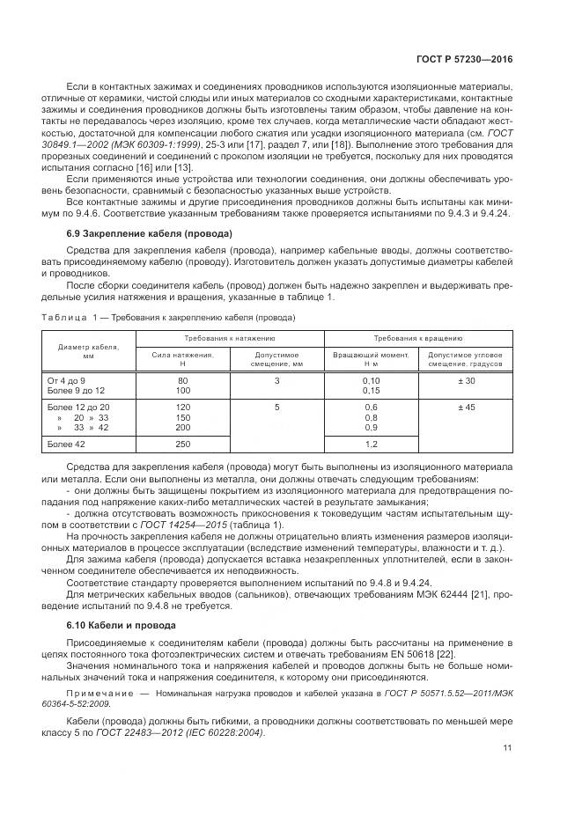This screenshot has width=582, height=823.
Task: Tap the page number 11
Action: click(507, 748)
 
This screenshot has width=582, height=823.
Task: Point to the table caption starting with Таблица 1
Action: click(168, 317)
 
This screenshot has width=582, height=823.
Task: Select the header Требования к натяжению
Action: click(230, 338)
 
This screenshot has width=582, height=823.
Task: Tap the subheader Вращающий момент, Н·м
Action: click(370, 358)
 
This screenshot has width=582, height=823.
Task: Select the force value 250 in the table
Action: click(182, 445)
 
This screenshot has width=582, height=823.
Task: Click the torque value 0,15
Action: click(370, 390)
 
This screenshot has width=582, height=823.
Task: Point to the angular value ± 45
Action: click(464, 407)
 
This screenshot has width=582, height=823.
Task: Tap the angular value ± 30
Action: click(464, 379)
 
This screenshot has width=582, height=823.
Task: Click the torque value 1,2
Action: click(370, 445)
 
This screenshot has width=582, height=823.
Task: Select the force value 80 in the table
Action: click(182, 379)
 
